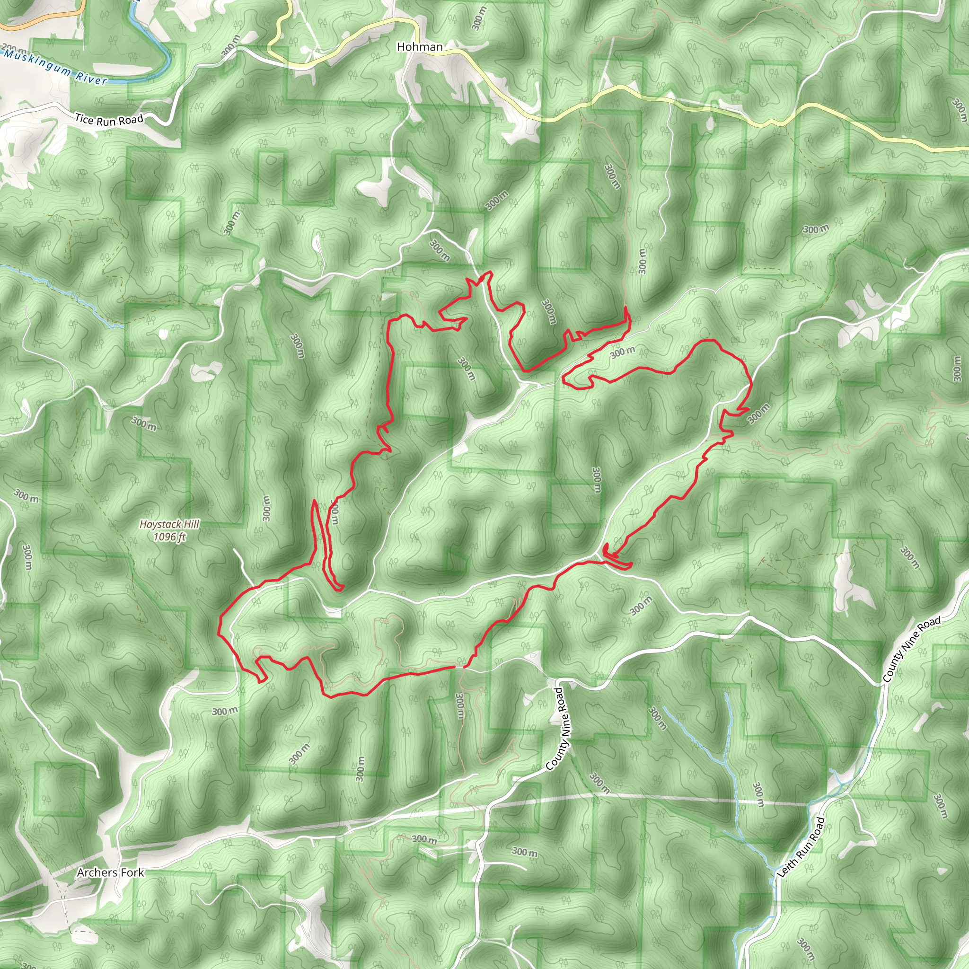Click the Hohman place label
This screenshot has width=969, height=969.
point(419,47)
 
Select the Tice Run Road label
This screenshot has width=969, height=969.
point(109,120)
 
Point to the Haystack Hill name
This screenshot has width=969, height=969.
point(169,525)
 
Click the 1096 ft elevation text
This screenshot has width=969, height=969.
point(169,537)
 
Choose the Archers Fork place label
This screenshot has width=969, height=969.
point(110,872)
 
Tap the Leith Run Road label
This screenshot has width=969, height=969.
point(801,847)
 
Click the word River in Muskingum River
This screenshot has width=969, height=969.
point(91,77)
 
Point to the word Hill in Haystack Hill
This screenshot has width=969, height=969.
point(190,525)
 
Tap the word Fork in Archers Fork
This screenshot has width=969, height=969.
point(132,872)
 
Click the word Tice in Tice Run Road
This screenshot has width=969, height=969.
point(84,119)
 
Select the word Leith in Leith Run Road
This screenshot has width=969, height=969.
point(785,869)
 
